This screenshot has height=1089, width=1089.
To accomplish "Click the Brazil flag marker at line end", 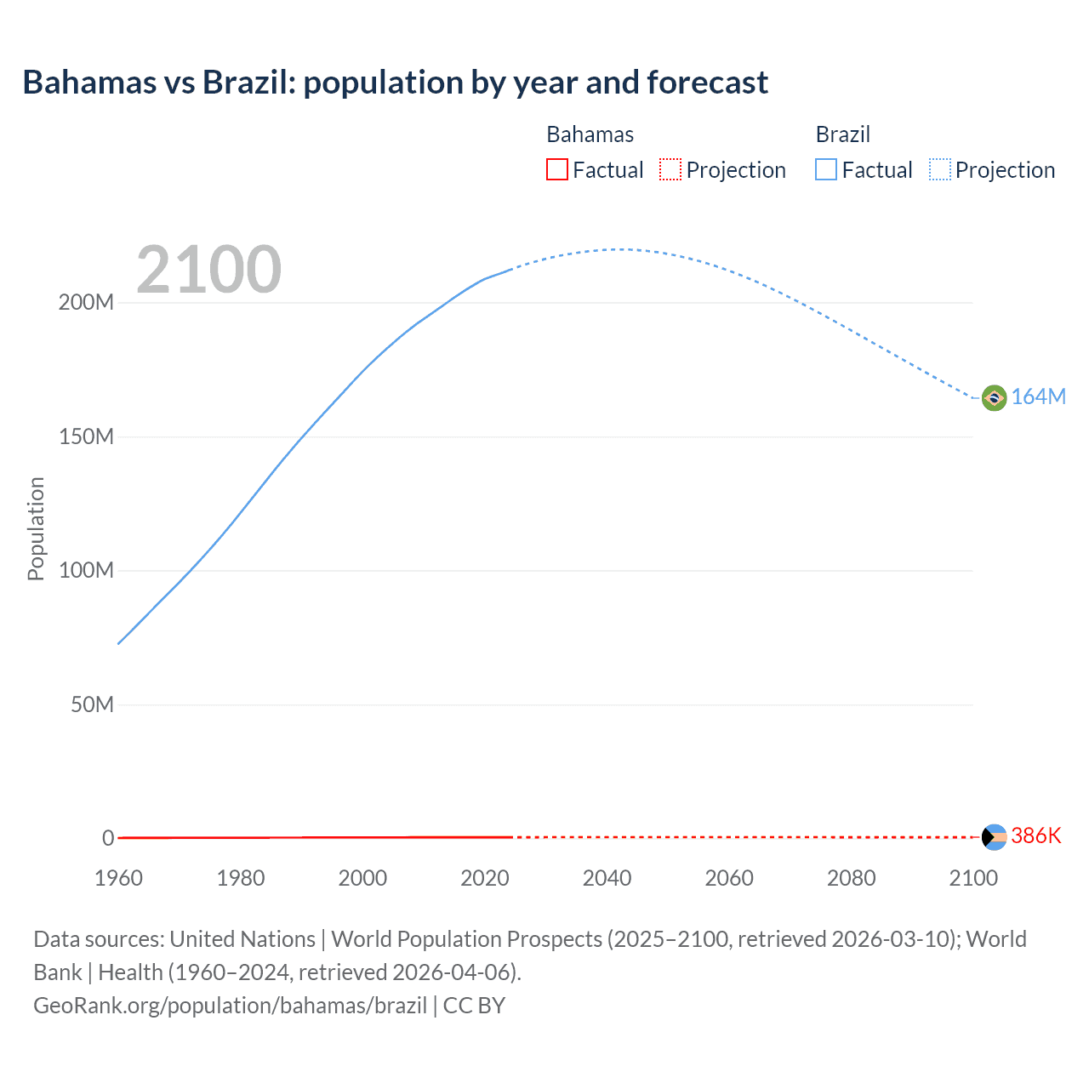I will [994, 397].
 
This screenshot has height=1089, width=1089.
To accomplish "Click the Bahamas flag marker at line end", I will [994, 837].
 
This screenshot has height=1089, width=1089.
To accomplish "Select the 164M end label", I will [1038, 397].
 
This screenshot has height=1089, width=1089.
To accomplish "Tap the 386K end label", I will [1036, 836].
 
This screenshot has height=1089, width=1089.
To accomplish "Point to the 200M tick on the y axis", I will [86, 303].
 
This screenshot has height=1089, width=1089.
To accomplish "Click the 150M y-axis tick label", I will [86, 437].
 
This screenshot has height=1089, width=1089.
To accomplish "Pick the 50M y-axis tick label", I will [92, 705].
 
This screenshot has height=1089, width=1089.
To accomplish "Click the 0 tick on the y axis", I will [108, 839].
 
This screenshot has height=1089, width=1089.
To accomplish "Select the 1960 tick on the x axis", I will [118, 878].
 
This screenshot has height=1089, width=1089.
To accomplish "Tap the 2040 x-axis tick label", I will [607, 878].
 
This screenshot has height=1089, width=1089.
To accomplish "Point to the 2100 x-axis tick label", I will [972, 878].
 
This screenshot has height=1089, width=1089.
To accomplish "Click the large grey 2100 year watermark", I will [208, 270].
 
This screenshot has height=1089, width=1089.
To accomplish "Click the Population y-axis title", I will [36, 528].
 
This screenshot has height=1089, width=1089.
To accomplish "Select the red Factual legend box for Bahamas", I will [557, 170].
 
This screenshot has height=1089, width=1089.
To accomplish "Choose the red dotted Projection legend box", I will [670, 170].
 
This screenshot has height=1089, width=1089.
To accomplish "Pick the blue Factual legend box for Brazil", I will [826, 170].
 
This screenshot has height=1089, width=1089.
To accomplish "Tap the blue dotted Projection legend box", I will [940, 170].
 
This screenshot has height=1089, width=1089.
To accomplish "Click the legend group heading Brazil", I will [842, 134].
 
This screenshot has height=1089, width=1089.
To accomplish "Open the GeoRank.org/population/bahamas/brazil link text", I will [230, 1006].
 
